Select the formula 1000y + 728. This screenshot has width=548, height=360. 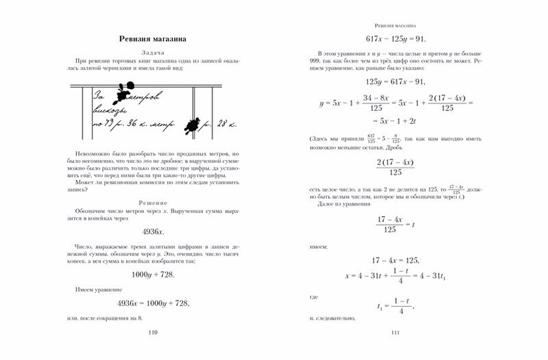coord(153,275)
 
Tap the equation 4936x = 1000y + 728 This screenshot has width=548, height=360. coord(153,303)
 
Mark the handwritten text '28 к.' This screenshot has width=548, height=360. coord(221,125)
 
